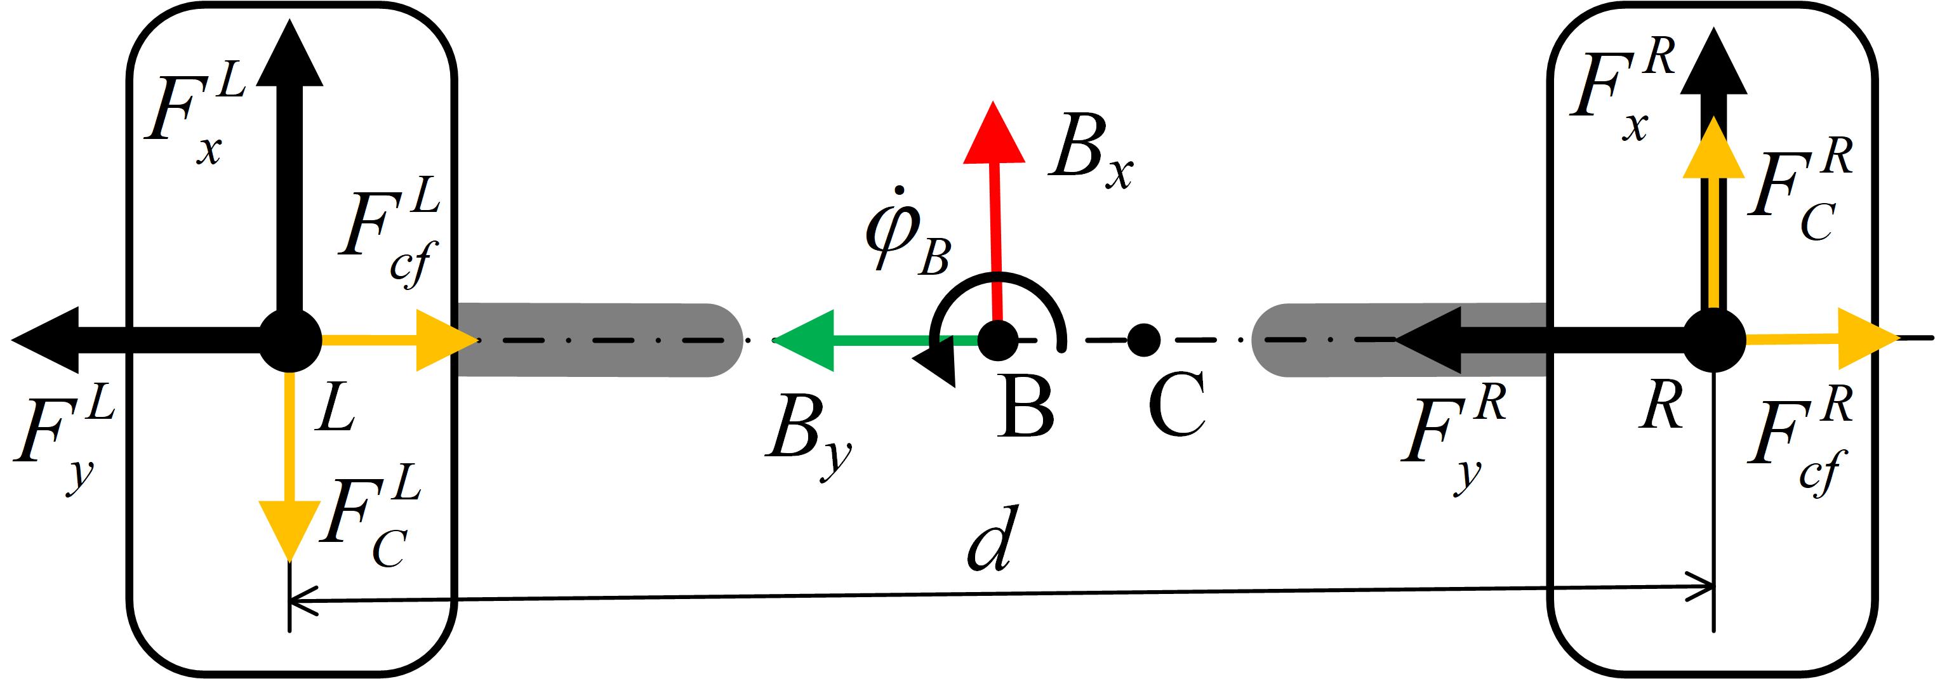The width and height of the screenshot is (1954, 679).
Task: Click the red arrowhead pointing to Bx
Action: point(993,136)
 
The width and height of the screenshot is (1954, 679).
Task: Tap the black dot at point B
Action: point(997,341)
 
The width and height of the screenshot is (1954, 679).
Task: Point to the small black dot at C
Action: point(1143,340)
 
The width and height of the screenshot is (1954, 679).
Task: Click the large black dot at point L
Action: point(289,341)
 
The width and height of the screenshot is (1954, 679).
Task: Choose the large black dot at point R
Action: point(1713,341)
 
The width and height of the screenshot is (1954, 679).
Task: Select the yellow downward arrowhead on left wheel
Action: point(289,527)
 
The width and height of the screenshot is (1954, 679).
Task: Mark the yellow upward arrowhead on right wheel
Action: point(1713,152)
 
